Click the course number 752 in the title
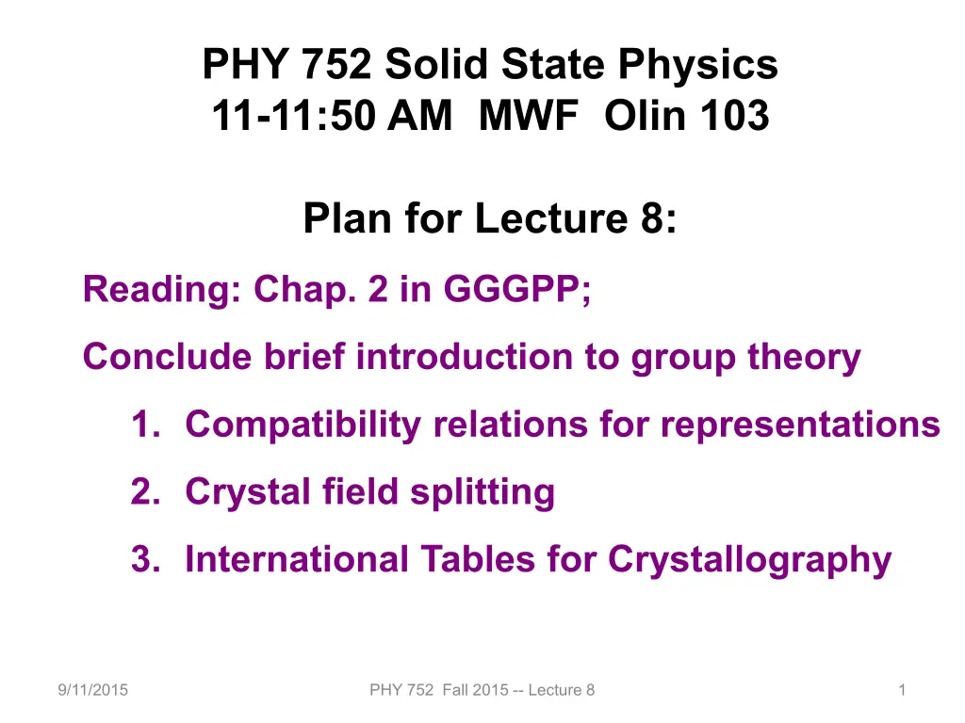pos(336,64)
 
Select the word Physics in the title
pos(698,65)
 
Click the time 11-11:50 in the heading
pos(293,116)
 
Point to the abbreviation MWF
pos(529,116)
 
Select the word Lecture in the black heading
pos(550,218)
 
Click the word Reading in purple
pos(161,290)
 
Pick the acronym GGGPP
pos(517,289)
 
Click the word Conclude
pos(168,356)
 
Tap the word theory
pos(804,358)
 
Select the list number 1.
pos(146,425)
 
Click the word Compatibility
pos(303,426)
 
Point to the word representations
pos(800,426)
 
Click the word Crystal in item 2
pos(248,492)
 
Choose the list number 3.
pos(146,559)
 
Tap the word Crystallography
pos(749,561)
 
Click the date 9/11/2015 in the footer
pos(93,690)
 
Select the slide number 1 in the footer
pos(902,690)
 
